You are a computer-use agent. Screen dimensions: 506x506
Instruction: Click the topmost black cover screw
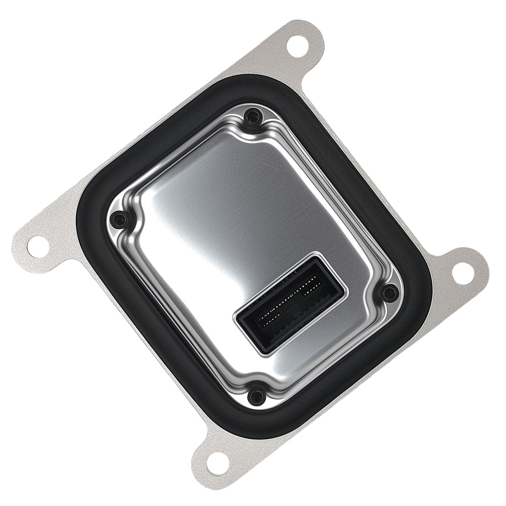click(252, 117)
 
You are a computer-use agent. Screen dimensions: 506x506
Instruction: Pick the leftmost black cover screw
click(119, 219)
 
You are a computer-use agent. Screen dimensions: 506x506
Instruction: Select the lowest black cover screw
click(257, 395)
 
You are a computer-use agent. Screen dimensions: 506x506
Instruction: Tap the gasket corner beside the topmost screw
click(253, 89)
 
